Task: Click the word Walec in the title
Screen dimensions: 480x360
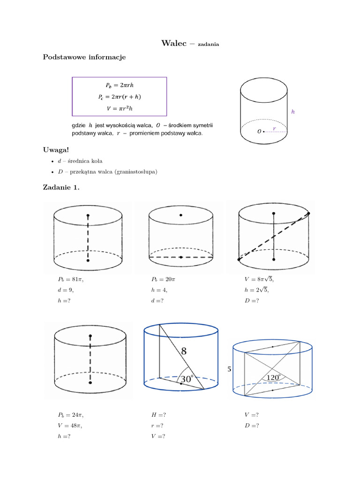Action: pyautogui.click(x=174, y=44)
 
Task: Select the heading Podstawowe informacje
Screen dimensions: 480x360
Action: pyautogui.click(x=84, y=57)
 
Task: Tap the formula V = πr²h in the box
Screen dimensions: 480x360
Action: pyautogui.click(x=120, y=108)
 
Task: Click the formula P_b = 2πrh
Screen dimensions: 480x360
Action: pyautogui.click(x=120, y=85)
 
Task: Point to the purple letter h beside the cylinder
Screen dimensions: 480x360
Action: pyautogui.click(x=293, y=112)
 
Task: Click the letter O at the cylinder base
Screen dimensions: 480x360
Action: pyautogui.click(x=259, y=132)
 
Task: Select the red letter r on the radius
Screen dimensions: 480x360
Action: pyautogui.click(x=274, y=127)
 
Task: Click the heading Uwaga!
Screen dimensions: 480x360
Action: pyautogui.click(x=56, y=150)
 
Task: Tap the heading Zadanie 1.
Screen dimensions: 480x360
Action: pyautogui.click(x=61, y=188)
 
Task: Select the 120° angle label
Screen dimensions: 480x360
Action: pyautogui.click(x=273, y=377)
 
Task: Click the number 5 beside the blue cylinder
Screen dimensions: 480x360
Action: pyautogui.click(x=230, y=369)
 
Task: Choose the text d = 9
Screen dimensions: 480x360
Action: pyautogui.click(x=66, y=290)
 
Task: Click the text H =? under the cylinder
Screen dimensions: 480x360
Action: pyautogui.click(x=158, y=415)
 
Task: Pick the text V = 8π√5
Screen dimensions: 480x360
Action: pyautogui.click(x=259, y=279)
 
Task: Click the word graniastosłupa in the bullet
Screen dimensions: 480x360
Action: pyautogui.click(x=136, y=172)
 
